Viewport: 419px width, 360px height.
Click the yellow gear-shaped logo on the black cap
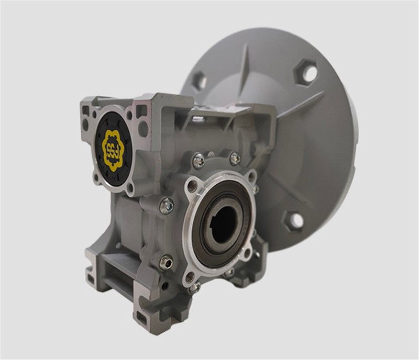[113, 150]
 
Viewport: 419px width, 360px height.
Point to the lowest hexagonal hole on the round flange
[292, 221]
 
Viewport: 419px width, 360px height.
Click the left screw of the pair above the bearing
[199, 161]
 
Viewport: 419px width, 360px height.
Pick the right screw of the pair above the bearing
[235, 159]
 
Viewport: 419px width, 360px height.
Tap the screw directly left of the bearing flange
[167, 206]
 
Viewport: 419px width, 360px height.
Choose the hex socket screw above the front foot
[166, 262]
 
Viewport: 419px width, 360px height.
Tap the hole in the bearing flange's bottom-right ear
[246, 254]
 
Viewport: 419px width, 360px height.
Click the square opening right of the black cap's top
[141, 111]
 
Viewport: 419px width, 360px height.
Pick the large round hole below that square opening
[143, 129]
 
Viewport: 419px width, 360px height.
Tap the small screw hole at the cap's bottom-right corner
[130, 186]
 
